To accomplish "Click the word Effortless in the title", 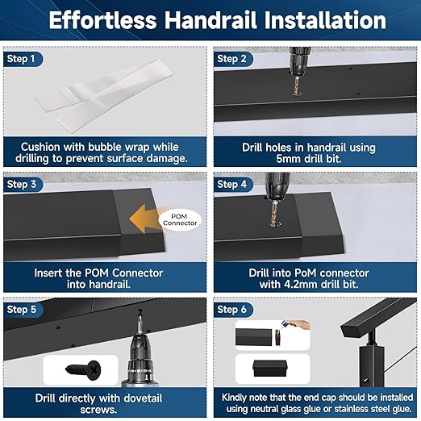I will coord(113,21).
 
